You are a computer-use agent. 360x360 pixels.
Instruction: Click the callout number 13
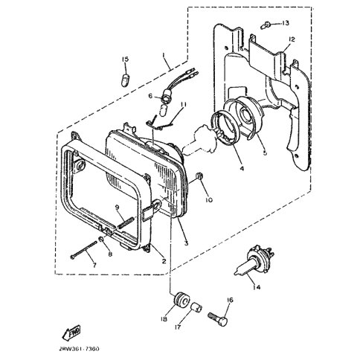click(285, 23)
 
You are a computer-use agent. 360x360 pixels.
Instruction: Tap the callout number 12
click(292, 39)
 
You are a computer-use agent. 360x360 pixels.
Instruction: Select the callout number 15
click(125, 60)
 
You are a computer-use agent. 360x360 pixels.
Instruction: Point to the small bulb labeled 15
click(124, 80)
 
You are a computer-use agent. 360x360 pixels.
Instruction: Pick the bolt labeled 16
click(218, 318)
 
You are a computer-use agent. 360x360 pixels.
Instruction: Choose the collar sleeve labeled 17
click(197, 309)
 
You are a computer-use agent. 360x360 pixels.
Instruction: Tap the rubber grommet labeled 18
click(181, 299)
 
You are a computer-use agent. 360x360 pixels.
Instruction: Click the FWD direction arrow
click(71, 332)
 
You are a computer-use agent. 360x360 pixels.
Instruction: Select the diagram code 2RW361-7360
click(79, 349)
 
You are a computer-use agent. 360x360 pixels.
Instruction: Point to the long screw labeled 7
click(83, 250)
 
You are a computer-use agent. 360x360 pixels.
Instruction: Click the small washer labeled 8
click(101, 240)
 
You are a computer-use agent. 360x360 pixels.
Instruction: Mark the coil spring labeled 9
click(126, 222)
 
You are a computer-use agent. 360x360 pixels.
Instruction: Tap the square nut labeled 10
click(199, 176)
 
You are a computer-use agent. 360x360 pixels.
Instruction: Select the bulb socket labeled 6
click(165, 99)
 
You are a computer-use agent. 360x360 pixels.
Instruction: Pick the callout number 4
click(242, 169)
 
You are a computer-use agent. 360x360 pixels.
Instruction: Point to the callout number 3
click(186, 243)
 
